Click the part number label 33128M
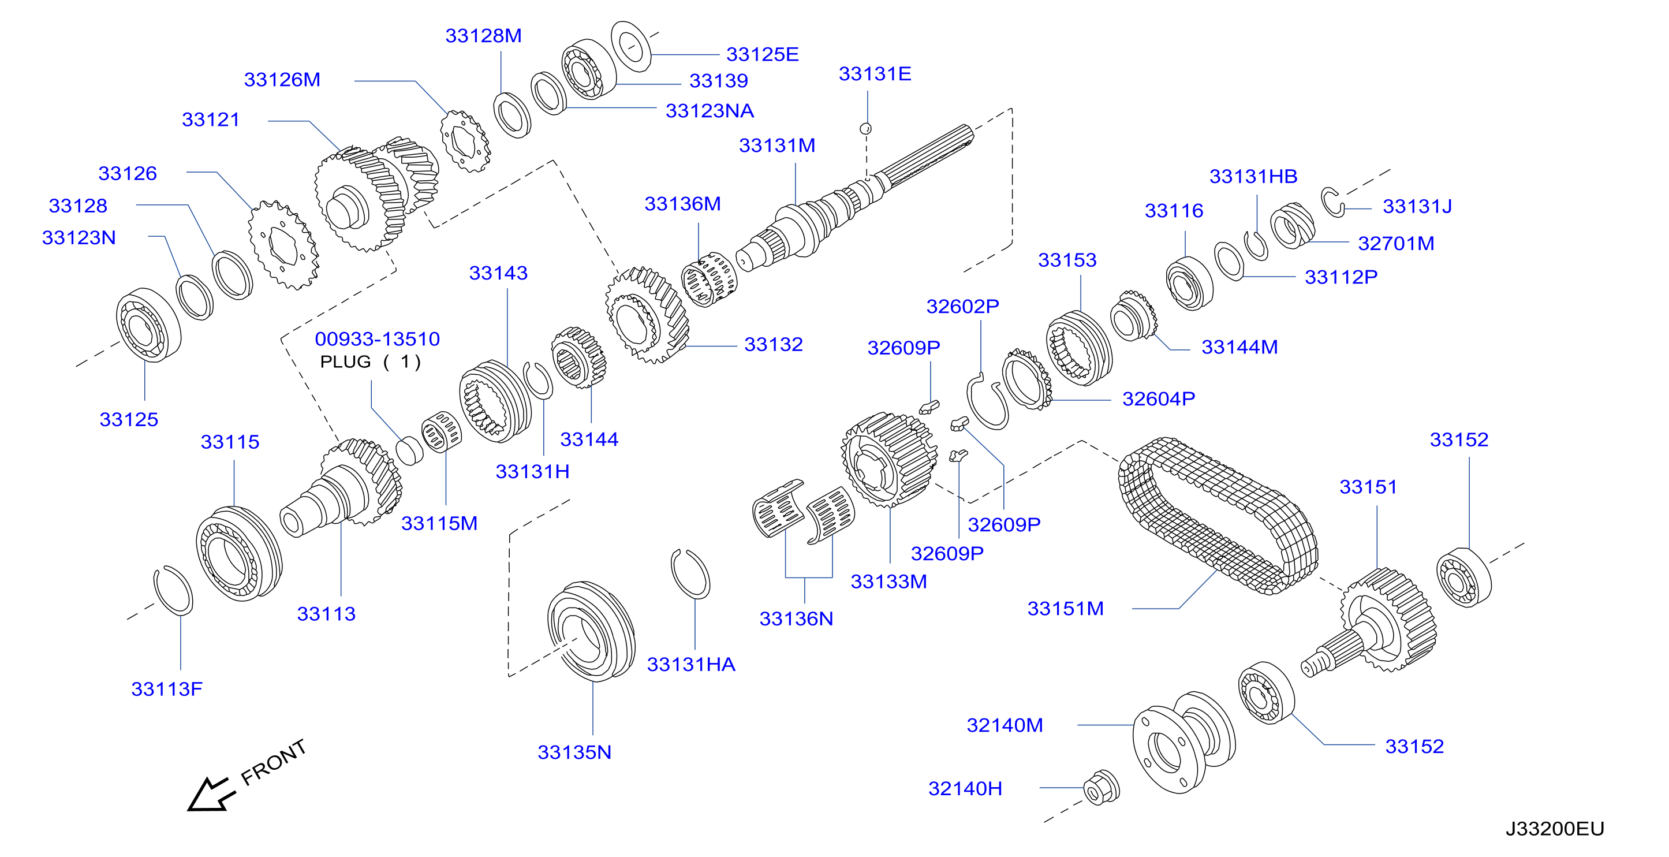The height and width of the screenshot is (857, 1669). tap(483, 36)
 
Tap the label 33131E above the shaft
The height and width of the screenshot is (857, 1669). tap(875, 74)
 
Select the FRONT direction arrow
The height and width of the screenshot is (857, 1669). tap(211, 793)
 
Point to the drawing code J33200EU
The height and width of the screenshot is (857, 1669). tap(1555, 829)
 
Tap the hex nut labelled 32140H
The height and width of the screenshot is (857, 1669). tap(1102, 788)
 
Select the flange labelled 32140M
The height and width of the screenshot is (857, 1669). tap(1183, 742)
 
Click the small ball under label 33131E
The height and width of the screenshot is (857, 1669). tap(865, 128)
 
